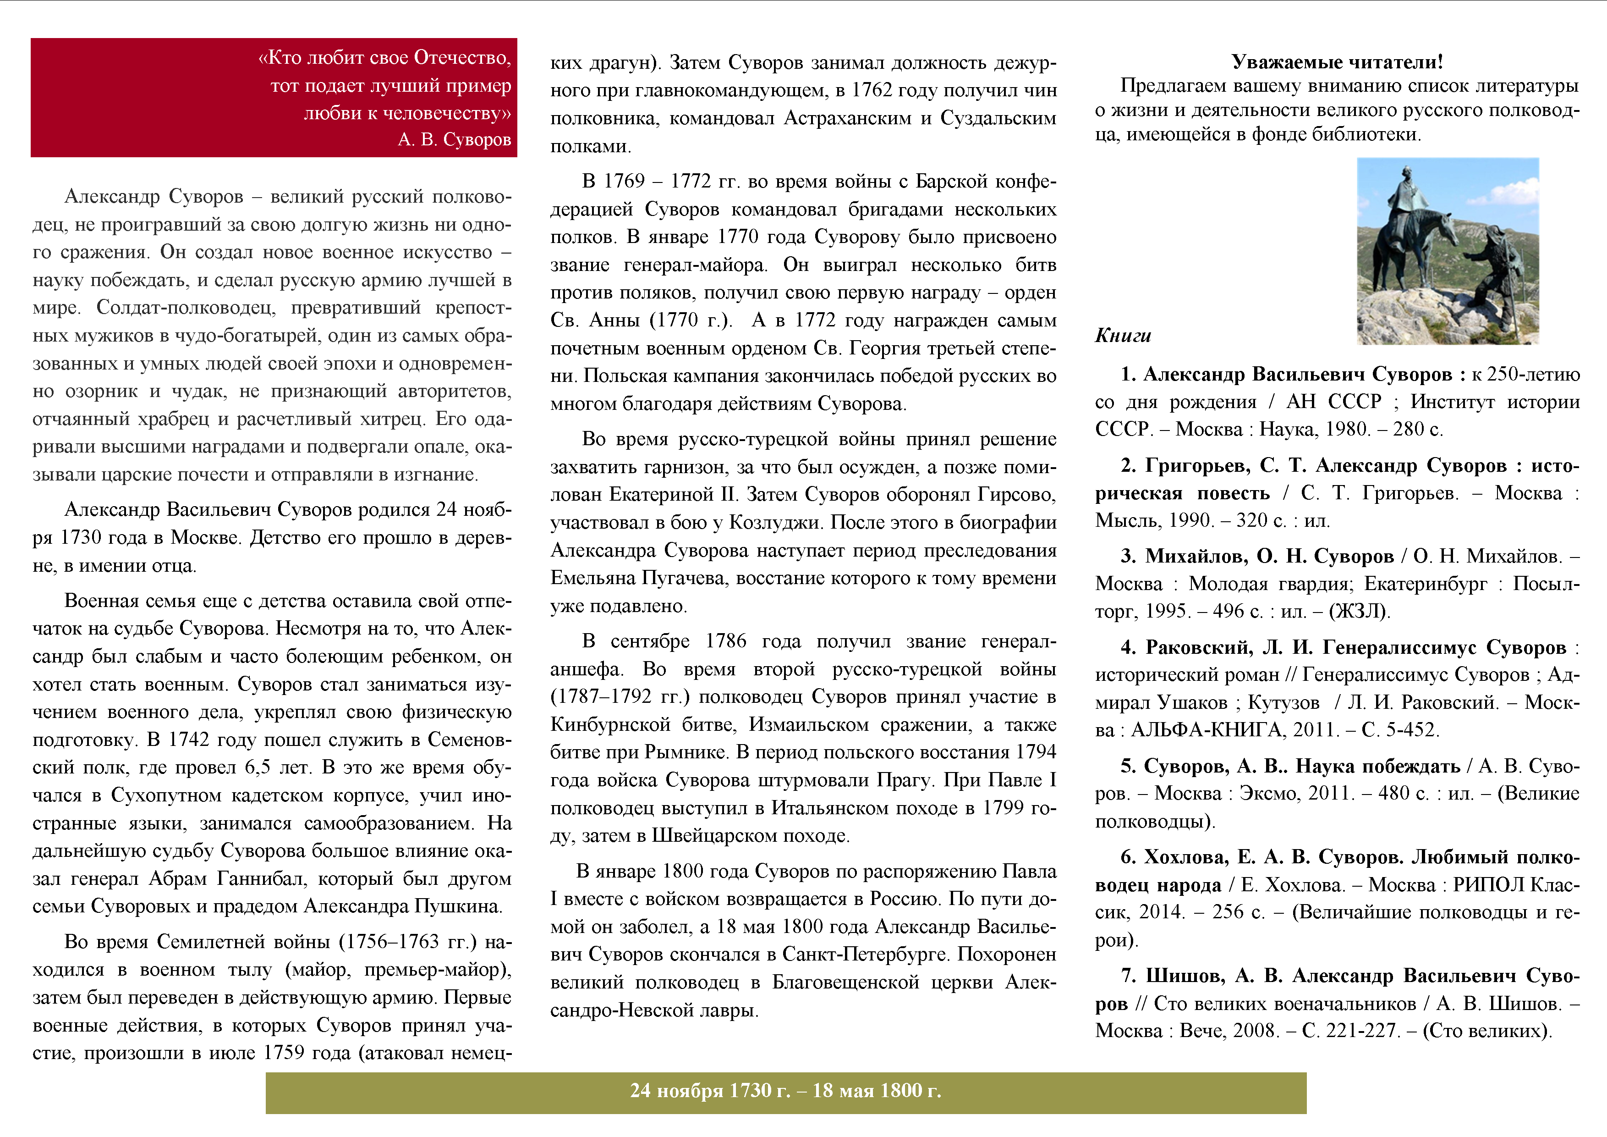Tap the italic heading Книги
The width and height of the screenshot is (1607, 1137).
1123,335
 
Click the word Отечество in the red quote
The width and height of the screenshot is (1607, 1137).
461,57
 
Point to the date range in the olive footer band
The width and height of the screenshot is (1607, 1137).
785,1090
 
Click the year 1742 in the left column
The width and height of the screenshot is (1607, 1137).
189,740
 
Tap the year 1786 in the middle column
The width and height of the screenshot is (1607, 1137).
726,641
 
